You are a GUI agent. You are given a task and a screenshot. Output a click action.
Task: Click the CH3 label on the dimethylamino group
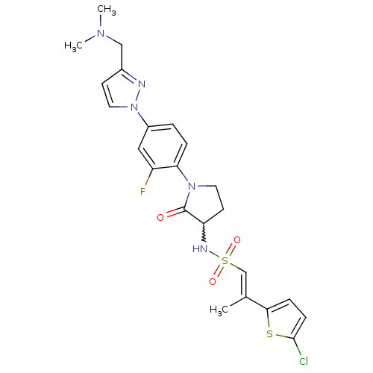coord(107,10)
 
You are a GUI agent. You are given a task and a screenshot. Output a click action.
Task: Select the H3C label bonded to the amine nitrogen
coord(73,46)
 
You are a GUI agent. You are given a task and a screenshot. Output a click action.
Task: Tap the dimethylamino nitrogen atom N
coord(101,34)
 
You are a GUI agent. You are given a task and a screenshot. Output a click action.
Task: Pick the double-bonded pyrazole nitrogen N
coord(142,84)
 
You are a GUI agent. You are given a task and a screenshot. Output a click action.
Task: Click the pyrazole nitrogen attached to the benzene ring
coord(134,107)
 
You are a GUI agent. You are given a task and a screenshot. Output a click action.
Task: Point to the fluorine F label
coord(142,192)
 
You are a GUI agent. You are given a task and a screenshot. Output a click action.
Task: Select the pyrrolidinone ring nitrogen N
coord(192,186)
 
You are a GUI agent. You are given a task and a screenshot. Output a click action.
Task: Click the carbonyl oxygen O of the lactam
coord(160,218)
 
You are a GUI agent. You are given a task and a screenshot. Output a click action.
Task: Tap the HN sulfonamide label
coord(200,248)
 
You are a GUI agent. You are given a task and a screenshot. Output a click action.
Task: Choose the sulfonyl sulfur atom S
coord(225,261)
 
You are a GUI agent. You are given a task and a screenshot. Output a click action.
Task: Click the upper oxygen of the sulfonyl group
coord(237,240)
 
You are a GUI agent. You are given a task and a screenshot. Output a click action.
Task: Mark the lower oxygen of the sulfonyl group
coord(213,282)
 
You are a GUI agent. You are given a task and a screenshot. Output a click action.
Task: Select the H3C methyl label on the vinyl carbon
coord(219,310)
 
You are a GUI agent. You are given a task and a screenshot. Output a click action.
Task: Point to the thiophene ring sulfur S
coord(269,334)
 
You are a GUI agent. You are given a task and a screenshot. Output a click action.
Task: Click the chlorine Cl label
coord(304,361)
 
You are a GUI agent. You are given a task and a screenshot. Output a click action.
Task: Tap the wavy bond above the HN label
coord(204,232)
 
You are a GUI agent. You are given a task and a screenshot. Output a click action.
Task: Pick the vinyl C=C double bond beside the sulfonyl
coord(244,285)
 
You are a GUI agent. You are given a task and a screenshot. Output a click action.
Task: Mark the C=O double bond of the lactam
coord(175,212)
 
